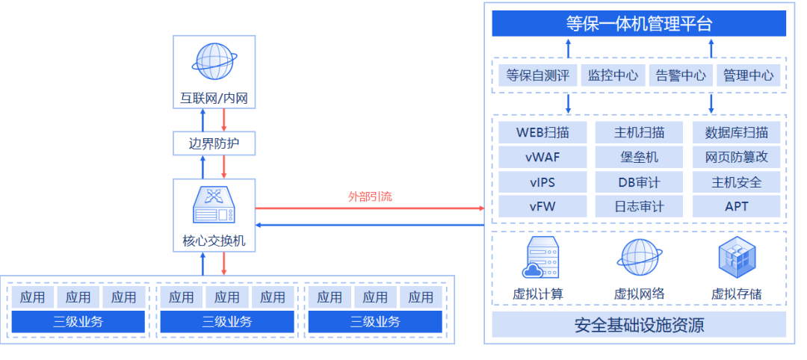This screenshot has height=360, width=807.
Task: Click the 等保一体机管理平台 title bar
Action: [639, 23]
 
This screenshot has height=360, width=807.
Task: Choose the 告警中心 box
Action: [681, 75]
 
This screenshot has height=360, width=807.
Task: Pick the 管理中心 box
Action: [748, 75]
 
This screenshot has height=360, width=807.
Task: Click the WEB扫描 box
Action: [542, 133]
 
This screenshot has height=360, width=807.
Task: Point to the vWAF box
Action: [542, 158]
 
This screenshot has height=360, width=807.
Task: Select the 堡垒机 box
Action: [639, 158]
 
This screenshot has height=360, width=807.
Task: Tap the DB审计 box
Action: [639, 182]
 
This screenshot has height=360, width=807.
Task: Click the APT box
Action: [736, 207]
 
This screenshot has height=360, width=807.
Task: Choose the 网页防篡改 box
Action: [736, 158]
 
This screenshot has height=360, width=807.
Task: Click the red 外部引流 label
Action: [370, 197]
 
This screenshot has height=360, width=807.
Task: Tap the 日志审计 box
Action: [639, 207]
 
